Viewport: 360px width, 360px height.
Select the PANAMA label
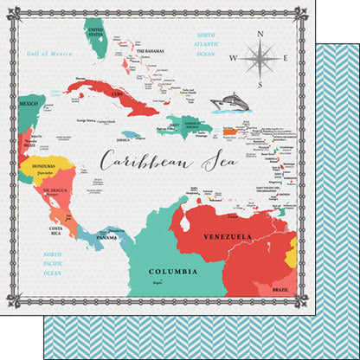(x=107, y=236)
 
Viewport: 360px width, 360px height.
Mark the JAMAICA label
(x=125, y=137)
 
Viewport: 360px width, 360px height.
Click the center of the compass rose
(x=259, y=60)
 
